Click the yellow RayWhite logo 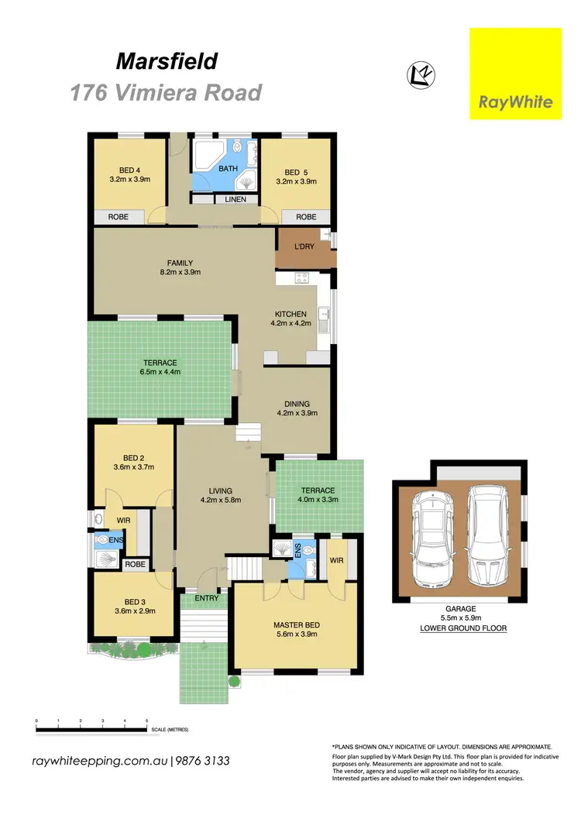click(515, 74)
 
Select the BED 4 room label click(129, 171)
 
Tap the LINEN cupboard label click(235, 199)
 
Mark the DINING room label click(297, 404)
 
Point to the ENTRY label click(207, 598)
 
